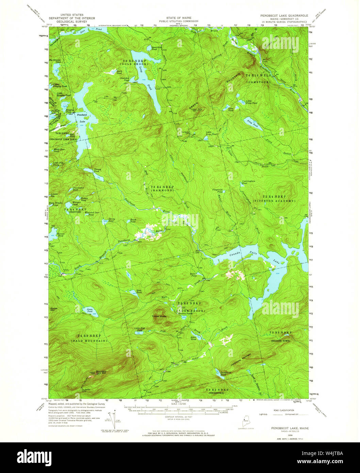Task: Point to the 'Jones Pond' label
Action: click(x=89, y=310)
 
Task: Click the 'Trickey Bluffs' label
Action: click(x=159, y=316)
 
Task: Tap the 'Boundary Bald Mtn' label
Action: click(x=101, y=372)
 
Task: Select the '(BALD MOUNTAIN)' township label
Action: click(x=89, y=340)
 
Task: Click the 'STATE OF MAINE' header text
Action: click(x=179, y=17)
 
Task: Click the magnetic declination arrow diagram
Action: click(x=115, y=421)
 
